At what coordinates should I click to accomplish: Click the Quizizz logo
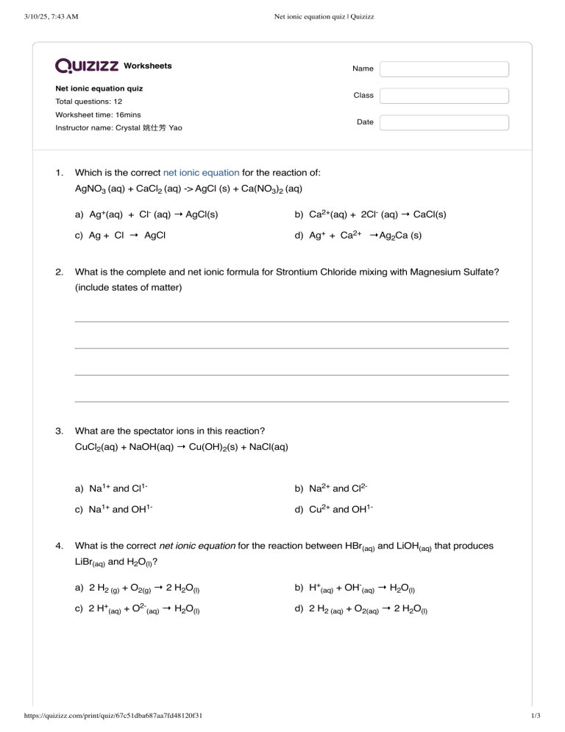pyautogui.click(x=87, y=66)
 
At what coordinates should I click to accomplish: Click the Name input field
pyautogui.click(x=444, y=69)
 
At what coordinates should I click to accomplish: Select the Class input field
pyautogui.click(x=444, y=96)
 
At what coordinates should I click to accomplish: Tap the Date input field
pyautogui.click(x=444, y=122)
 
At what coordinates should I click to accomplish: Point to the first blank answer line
pyautogui.click(x=291, y=321)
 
